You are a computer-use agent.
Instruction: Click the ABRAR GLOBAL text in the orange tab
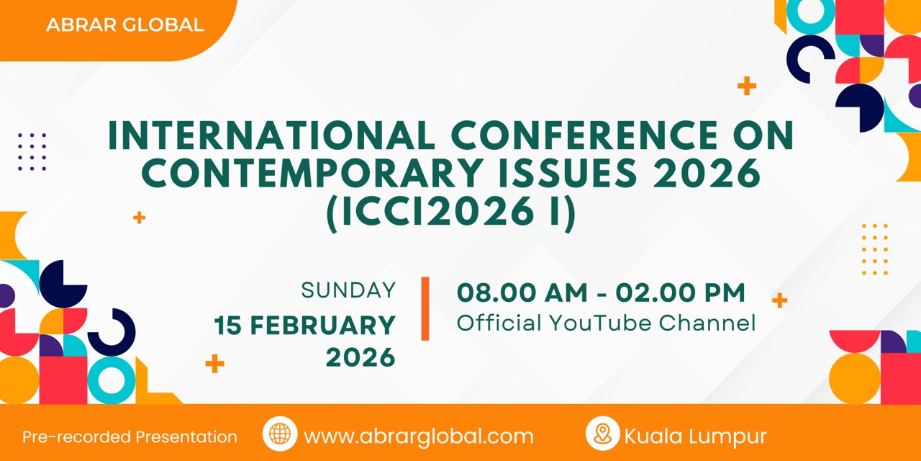125,24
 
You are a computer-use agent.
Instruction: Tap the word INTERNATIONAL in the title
272,135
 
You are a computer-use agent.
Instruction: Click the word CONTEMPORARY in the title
312,173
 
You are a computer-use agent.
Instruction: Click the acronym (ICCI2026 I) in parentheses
451,212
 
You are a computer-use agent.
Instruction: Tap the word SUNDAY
348,290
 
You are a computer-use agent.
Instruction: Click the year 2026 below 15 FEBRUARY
360,357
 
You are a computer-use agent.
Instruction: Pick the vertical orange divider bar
425,309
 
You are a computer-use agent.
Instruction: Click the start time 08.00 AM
522,292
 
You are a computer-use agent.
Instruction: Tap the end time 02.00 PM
681,292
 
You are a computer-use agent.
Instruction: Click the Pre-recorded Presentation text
130,437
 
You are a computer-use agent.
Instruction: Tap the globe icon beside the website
280,434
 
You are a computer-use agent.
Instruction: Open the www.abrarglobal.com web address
419,437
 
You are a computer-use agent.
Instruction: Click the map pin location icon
603,434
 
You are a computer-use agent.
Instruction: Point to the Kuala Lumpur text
696,437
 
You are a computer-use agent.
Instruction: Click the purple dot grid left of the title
32,152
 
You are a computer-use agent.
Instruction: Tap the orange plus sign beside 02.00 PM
779,300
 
